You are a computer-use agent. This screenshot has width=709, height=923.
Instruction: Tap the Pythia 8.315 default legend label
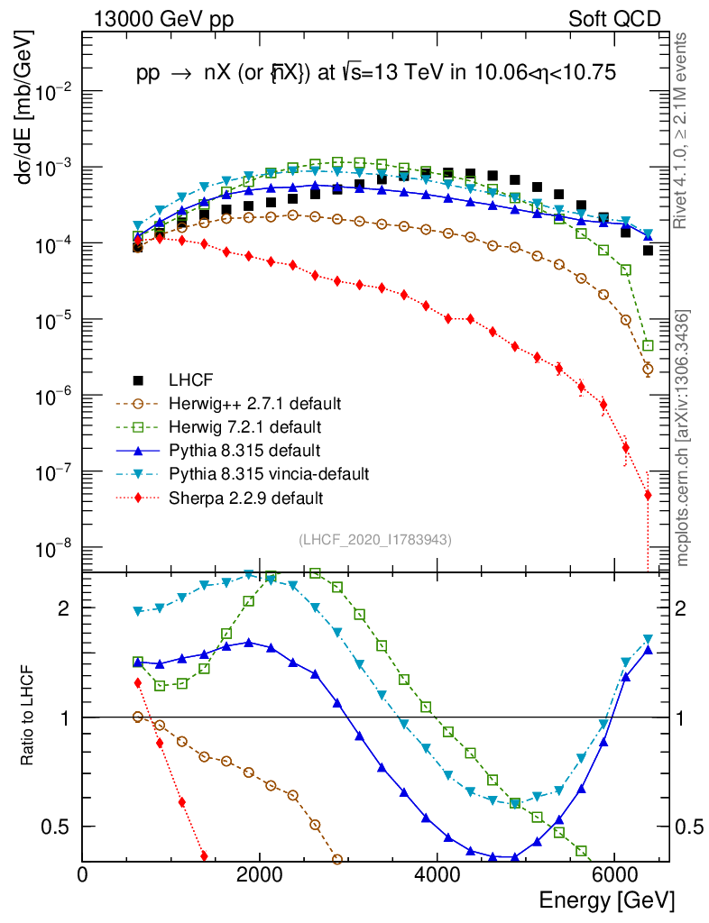coord(244,450)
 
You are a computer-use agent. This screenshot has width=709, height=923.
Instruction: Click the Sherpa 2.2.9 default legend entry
coord(245,497)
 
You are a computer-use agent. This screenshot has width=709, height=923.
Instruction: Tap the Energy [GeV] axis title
coord(605,900)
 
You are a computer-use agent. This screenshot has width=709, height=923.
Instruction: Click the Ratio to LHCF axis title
coord(29,716)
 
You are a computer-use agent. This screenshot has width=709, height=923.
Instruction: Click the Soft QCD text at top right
coord(614,19)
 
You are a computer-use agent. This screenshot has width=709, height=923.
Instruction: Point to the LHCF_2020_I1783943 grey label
coord(374,539)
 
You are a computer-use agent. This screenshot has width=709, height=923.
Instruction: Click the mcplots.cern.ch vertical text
coord(684,437)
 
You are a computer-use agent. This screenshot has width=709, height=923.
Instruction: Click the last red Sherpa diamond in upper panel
coord(648,495)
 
